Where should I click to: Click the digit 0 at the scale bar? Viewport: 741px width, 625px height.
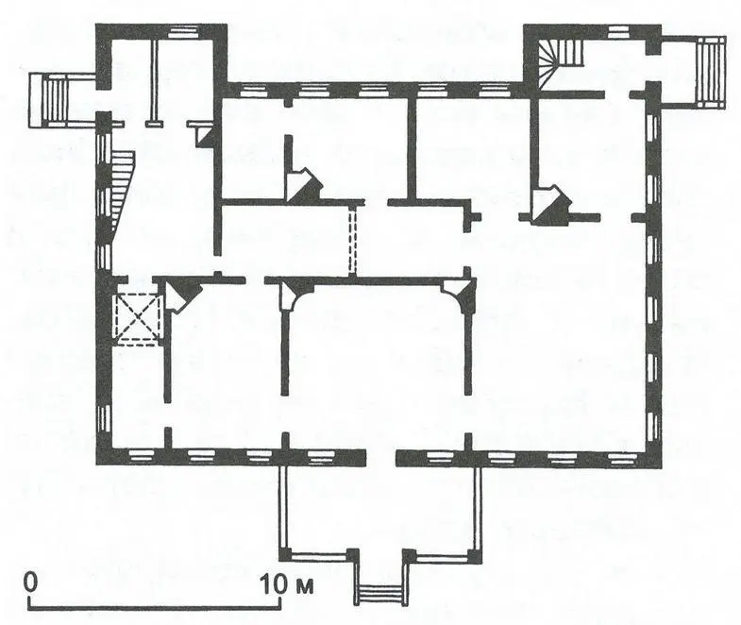click(31, 583)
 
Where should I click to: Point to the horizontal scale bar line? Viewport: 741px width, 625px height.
click(155, 607)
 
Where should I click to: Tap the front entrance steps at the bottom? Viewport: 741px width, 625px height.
click(381, 594)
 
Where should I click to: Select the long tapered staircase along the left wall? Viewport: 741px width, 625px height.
click(123, 190)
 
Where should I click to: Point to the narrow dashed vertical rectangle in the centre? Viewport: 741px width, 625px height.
click(352, 241)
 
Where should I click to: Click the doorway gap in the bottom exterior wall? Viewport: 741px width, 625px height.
click(381, 458)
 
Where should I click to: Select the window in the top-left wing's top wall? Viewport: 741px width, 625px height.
click(181, 31)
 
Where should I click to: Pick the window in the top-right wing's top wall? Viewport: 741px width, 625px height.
click(616, 32)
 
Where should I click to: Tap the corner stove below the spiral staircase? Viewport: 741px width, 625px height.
click(549, 205)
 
